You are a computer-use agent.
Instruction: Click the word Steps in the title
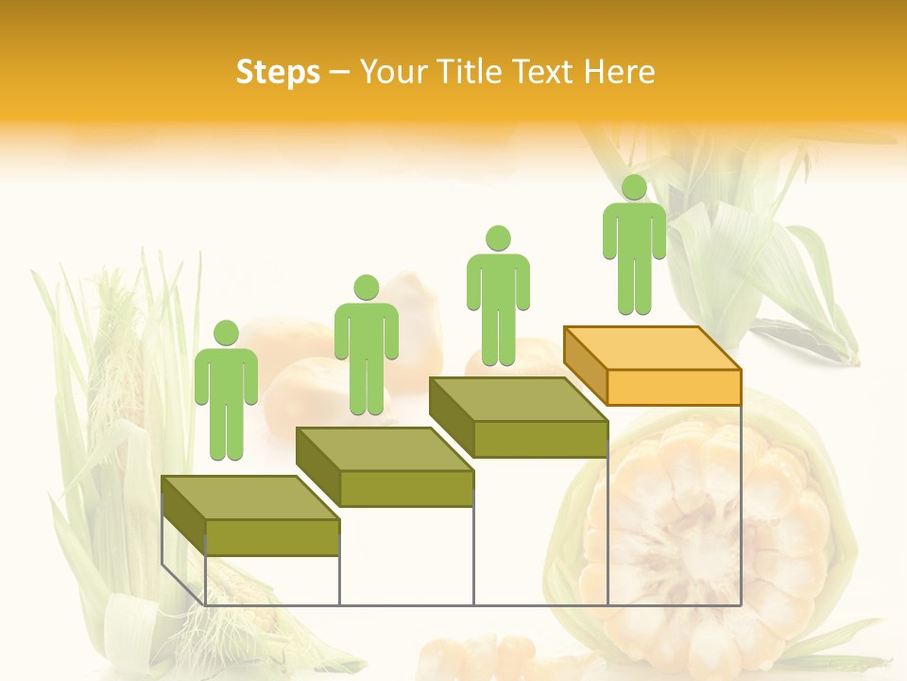[x=278, y=72]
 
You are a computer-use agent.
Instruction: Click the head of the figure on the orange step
[x=634, y=187]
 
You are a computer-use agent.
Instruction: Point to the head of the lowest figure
[x=226, y=333]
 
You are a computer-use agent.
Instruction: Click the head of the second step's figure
[x=366, y=288]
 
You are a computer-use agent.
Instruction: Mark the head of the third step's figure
[x=498, y=238]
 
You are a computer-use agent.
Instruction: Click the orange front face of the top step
[x=674, y=387]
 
